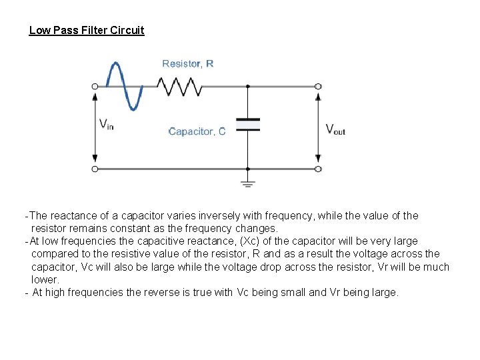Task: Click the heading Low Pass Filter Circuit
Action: [x=87, y=31]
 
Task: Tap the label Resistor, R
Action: [x=188, y=64]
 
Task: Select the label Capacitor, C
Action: [x=197, y=131]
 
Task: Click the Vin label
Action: [x=106, y=125]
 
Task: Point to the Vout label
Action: [x=335, y=129]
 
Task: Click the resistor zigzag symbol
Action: [x=179, y=86]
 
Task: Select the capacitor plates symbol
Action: [x=247, y=124]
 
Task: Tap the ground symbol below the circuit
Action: [x=247, y=181]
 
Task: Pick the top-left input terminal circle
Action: [x=95, y=86]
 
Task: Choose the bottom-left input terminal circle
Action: [x=95, y=169]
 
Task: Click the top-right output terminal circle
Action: [x=318, y=86]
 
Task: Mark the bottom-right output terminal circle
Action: [x=318, y=169]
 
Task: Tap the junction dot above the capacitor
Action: [x=247, y=86]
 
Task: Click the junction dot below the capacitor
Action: [x=247, y=169]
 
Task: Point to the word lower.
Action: [x=45, y=280]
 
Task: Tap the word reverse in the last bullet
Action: [x=162, y=293]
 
